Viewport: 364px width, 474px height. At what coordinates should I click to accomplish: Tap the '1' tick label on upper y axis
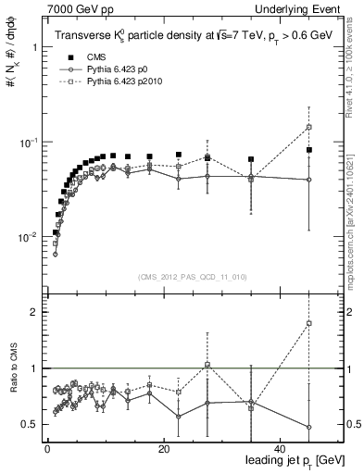pos(34,47)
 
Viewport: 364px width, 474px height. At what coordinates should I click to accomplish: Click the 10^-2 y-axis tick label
pos(28,236)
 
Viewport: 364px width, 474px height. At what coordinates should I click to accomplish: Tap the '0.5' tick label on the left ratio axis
pos(30,424)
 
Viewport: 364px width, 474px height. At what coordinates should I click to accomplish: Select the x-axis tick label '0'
pos(46,447)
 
